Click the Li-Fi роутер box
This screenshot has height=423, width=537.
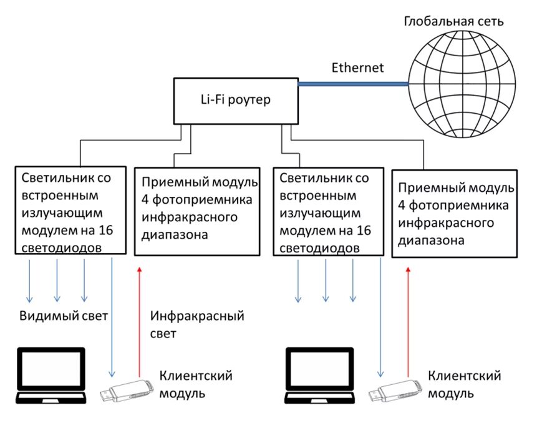point(235,100)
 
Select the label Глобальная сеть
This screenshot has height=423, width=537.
point(453,21)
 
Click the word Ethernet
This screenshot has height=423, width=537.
point(357,67)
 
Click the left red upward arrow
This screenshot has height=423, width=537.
point(140,319)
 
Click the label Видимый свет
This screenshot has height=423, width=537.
point(64,316)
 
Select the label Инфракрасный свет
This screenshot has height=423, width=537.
point(197,324)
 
